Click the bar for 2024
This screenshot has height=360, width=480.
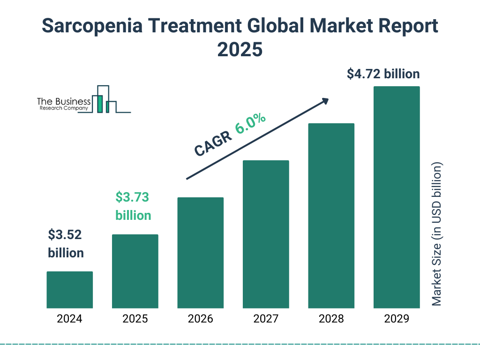click(69, 290)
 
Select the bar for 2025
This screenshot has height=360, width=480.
click(135, 271)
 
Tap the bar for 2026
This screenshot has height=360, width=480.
click(200, 253)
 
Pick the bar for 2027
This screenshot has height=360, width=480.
click(266, 234)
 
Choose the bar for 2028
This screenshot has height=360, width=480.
click(331, 216)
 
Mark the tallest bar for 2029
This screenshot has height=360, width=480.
click(397, 197)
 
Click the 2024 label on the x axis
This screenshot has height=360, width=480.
click(69, 319)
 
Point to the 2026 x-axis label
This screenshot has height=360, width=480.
click(200, 319)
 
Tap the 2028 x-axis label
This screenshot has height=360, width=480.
click(331, 319)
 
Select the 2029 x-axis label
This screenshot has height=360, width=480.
click(397, 319)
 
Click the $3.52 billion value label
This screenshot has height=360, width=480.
click(66, 244)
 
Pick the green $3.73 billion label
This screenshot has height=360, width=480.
click(133, 206)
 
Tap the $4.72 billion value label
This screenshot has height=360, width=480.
click(383, 74)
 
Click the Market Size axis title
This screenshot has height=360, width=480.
click(437, 234)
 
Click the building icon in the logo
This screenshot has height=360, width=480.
click(104, 99)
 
